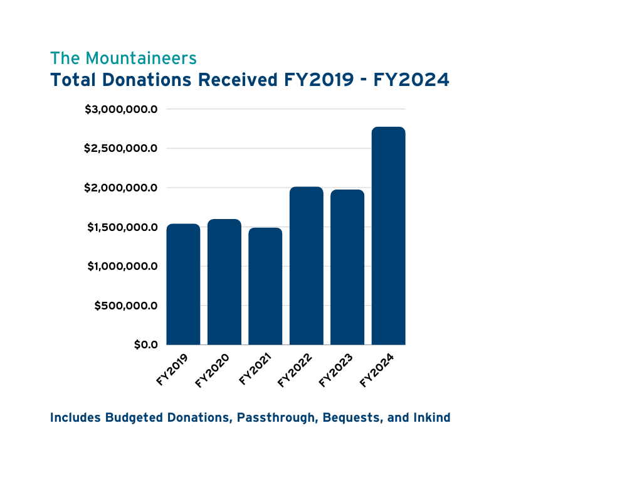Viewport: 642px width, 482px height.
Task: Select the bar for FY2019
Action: click(x=183, y=284)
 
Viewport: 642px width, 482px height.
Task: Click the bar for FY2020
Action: click(x=224, y=282)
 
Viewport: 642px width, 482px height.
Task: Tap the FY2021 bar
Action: click(x=265, y=286)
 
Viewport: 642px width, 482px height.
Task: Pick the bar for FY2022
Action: click(x=307, y=265)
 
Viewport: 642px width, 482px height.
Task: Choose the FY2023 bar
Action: click(x=347, y=267)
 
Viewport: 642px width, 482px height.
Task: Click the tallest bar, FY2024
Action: click(x=389, y=236)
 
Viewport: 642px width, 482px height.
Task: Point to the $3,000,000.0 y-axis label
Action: click(x=121, y=109)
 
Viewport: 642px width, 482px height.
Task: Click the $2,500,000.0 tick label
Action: click(x=121, y=149)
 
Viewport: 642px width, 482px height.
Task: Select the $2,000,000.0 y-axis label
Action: click(x=121, y=188)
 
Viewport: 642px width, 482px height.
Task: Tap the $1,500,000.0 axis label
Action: click(x=121, y=227)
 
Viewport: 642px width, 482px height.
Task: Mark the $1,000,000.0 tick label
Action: click(x=121, y=266)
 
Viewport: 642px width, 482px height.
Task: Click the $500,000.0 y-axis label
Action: click(x=126, y=306)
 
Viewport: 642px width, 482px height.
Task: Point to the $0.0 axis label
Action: click(x=145, y=345)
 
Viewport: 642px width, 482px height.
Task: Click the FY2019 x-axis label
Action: click(x=172, y=370)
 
